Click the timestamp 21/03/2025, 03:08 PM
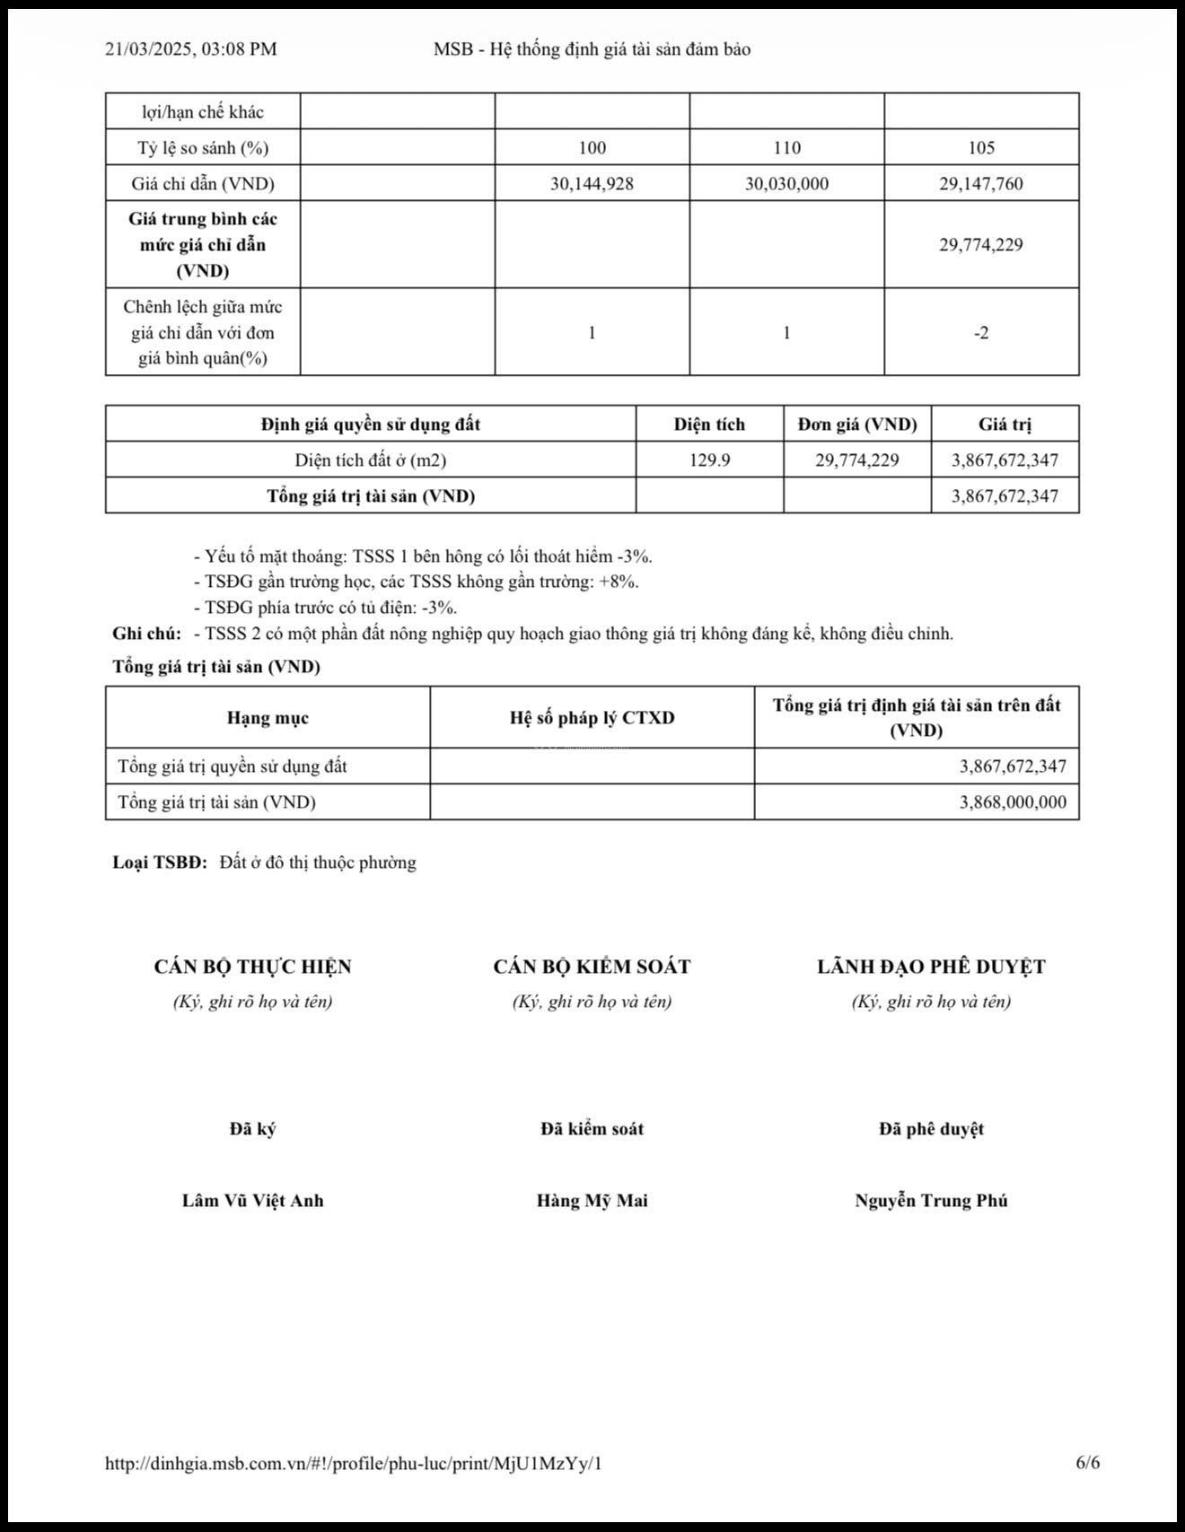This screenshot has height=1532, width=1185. [190, 49]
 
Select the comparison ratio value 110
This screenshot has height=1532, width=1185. [786, 147]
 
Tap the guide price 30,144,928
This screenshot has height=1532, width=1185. [592, 184]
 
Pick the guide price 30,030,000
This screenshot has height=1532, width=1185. [786, 184]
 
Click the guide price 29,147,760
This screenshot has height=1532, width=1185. [981, 184]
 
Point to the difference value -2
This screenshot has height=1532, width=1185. [981, 333]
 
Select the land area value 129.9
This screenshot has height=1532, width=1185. [709, 460]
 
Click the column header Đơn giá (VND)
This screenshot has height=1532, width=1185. [857, 425]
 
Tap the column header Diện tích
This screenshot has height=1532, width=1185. [709, 425]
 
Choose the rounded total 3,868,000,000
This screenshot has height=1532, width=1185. [1013, 802]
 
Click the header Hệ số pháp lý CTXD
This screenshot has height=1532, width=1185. [592, 718]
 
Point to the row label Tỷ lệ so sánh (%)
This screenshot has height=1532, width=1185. [203, 147]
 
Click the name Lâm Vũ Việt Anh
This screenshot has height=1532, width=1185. [252, 1201]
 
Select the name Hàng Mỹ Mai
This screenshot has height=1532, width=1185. [592, 1201]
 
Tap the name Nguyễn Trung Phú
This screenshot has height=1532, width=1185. [931, 1201]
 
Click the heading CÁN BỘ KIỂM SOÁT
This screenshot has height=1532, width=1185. [592, 967]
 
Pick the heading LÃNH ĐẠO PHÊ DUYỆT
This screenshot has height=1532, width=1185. [931, 967]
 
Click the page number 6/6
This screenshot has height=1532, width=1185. [1087, 1463]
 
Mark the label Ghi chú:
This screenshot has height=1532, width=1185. [146, 634]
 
